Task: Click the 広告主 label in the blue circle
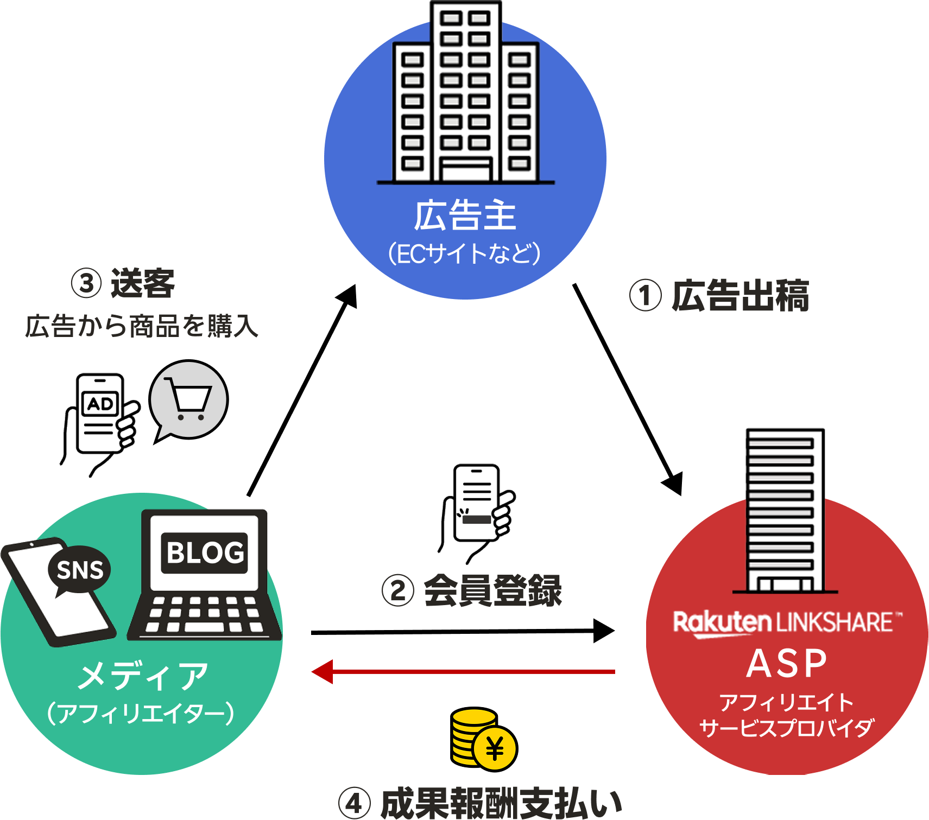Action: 465,217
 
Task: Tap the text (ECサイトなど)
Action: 465,253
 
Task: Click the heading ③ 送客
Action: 123,283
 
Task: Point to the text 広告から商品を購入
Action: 142,326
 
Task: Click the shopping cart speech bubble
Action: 188,399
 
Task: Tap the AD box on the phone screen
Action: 100,404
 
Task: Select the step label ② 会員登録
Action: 472,590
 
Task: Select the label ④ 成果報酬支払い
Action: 480,803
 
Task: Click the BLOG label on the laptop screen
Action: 205,553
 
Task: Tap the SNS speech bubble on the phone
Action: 80,570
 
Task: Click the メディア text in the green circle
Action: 142,676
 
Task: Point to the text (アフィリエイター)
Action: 141,713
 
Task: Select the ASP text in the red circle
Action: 787,663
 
